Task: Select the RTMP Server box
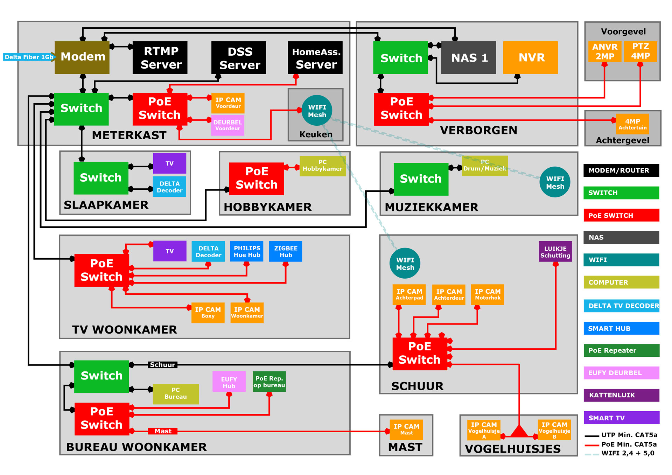coord(160,58)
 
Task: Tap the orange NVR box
coord(530,58)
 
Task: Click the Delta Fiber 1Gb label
coord(29,57)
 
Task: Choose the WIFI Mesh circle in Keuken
coord(317,111)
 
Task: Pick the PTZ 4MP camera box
coord(640,51)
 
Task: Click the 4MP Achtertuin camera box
coord(632,124)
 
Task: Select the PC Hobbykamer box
coord(322,166)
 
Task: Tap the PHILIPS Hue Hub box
coord(247,251)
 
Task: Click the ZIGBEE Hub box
coord(286,251)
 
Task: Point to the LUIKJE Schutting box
coord(555,251)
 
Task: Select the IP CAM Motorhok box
coord(487,294)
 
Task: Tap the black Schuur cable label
coord(162,365)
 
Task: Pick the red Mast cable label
coord(163,431)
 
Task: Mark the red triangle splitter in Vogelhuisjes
coord(519,432)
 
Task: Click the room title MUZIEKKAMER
coord(431,207)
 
